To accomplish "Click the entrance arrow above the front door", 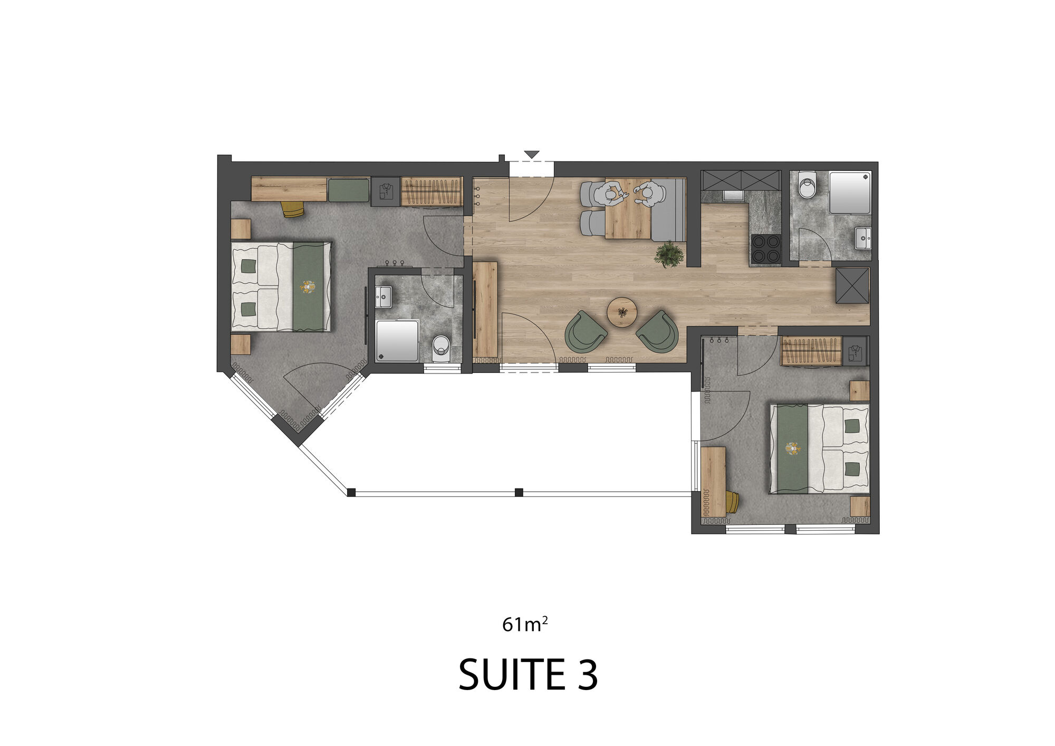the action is click(x=532, y=155).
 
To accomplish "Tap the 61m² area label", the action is click(x=525, y=624).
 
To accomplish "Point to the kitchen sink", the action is click(x=733, y=196).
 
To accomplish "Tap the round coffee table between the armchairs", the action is click(x=622, y=312).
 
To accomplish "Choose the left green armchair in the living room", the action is click(x=586, y=331).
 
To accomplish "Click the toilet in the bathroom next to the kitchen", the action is click(x=807, y=185).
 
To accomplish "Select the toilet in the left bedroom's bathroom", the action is click(x=440, y=348).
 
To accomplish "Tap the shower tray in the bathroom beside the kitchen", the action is click(x=850, y=192).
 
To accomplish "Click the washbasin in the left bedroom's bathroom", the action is click(x=383, y=297).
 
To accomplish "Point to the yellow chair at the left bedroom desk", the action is click(x=293, y=209).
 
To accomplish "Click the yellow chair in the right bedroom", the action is click(x=732, y=501).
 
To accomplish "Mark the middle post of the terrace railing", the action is click(x=519, y=492).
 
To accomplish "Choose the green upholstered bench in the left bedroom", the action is click(x=349, y=190).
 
